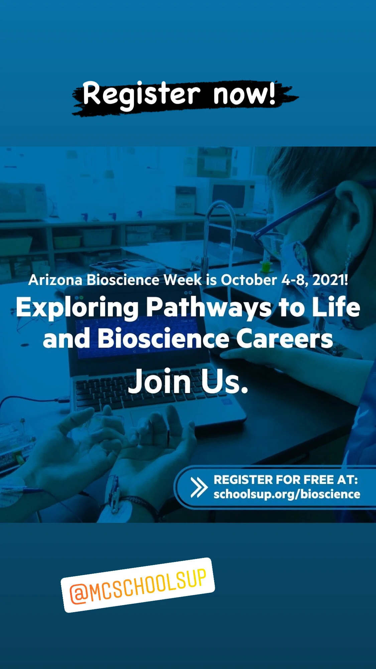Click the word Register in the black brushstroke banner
(x=141, y=95)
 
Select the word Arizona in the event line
(x=55, y=280)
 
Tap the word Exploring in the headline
(x=77, y=308)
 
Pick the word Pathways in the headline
(x=209, y=308)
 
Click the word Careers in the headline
(x=284, y=339)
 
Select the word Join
(x=159, y=382)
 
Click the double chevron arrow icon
(x=199, y=487)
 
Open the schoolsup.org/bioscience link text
(x=287, y=494)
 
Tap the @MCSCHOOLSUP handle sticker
(x=138, y=585)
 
